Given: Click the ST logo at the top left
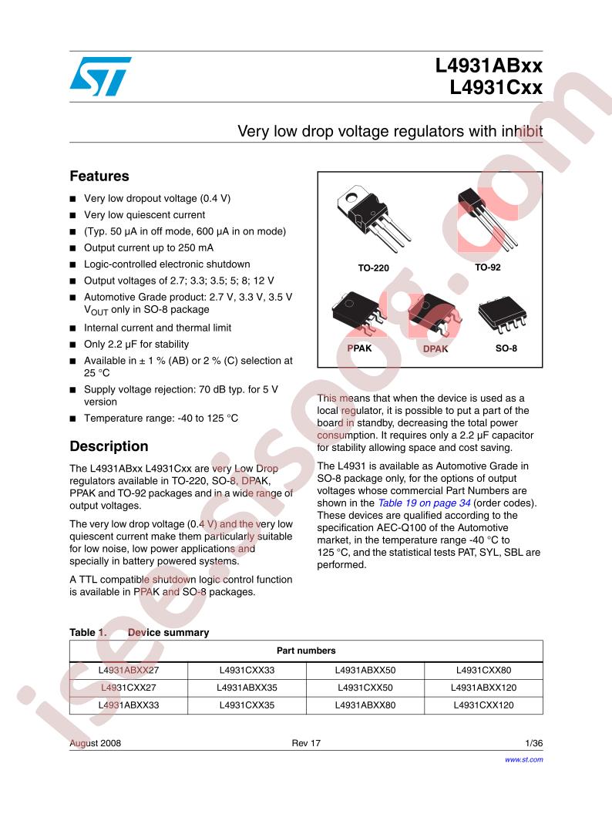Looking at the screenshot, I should point(99,76).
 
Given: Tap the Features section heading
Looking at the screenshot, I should point(99,177).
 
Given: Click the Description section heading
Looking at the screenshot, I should point(109,446).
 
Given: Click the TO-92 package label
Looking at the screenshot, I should point(487,267).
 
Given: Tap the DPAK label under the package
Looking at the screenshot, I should point(435,348).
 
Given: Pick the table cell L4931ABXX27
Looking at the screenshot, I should point(129,671).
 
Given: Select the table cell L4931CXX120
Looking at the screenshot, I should point(483,705).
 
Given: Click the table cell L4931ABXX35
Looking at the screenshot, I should point(247,688).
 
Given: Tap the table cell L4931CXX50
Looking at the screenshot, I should point(365,688).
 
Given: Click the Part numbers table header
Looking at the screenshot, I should point(306,651).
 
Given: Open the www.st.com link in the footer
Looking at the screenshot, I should point(523,759).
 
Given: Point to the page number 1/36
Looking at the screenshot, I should point(533,743).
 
